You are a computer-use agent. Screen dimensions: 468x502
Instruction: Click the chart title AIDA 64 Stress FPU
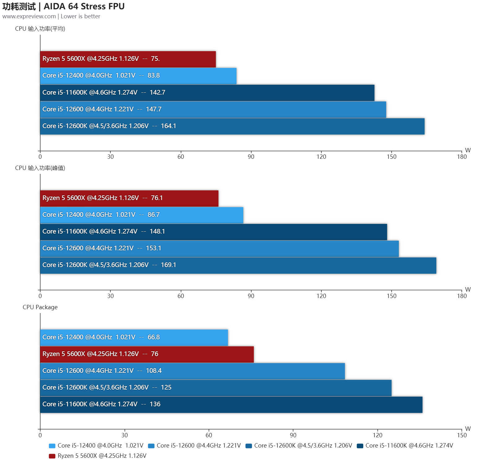[x=84, y=7]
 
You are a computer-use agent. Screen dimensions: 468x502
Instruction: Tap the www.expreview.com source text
[x=29, y=16]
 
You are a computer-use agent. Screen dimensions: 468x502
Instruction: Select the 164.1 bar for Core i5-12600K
[x=232, y=126]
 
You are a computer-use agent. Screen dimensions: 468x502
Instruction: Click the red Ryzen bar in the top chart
[x=128, y=59]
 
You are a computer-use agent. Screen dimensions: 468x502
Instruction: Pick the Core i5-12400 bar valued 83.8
[x=138, y=76]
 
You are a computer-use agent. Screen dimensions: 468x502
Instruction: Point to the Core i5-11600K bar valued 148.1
[x=214, y=232]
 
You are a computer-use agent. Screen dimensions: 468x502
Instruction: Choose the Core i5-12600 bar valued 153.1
[x=219, y=248]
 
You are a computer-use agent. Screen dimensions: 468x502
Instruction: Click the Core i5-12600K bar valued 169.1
[x=238, y=265]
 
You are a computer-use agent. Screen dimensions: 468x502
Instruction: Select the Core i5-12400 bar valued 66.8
[x=134, y=337]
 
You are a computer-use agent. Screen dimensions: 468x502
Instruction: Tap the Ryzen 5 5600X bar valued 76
[x=147, y=354]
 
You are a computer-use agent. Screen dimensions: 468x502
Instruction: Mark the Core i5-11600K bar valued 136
[x=231, y=404]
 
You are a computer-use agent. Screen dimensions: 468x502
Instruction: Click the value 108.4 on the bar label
[x=154, y=371]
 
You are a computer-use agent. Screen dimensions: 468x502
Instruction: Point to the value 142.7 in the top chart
[x=157, y=92]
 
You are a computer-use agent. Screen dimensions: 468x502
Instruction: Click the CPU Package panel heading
[x=40, y=307]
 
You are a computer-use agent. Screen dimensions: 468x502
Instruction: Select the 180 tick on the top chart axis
[x=461, y=157]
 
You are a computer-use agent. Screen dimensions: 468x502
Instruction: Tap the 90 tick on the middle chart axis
[x=251, y=296]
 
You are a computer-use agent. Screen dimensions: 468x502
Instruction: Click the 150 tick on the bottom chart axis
[x=461, y=435]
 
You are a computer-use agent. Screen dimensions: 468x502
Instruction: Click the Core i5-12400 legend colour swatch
[x=52, y=446]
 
